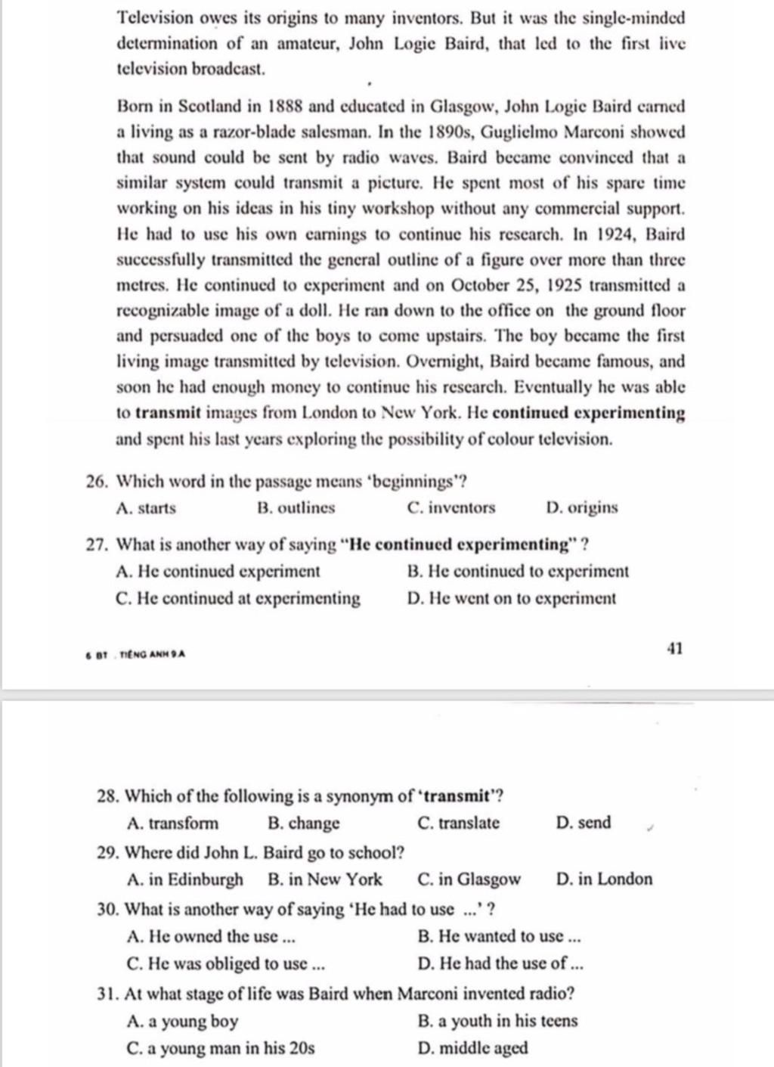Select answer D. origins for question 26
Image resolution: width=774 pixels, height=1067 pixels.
coord(581,508)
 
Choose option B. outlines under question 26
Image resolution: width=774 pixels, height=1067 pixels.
coord(296,508)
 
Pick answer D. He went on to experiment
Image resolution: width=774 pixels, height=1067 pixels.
coord(511,599)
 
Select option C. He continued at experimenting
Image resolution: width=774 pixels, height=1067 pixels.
coord(238,599)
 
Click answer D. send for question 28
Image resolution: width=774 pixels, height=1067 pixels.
coord(583,823)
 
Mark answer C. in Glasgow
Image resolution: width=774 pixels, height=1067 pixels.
coord(469,879)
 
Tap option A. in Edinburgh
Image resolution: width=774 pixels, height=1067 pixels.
coord(186,879)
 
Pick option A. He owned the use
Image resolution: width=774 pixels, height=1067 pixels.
coord(212,937)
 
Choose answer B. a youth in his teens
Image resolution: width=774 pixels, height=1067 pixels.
coord(497,1021)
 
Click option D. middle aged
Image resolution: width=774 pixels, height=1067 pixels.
coord(472,1049)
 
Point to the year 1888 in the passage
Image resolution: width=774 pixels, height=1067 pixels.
coord(286,107)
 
